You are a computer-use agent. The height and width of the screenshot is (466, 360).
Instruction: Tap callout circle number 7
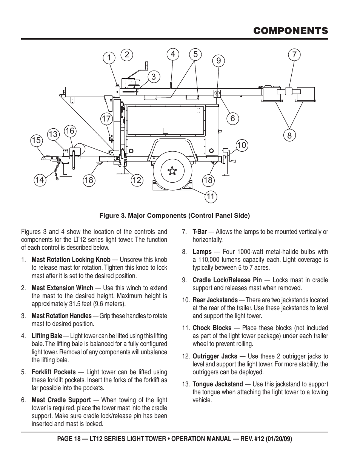click(x=294, y=55)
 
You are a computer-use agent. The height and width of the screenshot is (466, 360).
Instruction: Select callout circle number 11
click(x=211, y=196)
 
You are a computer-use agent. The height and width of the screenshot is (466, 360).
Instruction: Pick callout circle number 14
click(x=39, y=180)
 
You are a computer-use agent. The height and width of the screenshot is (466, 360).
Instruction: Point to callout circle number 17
click(x=107, y=119)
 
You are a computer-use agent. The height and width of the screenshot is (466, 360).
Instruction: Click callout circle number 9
click(x=218, y=60)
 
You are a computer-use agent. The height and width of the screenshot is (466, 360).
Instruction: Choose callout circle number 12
click(x=137, y=180)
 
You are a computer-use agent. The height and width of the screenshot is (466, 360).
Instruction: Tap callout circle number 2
click(x=127, y=55)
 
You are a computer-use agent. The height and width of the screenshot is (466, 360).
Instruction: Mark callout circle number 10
click(x=242, y=145)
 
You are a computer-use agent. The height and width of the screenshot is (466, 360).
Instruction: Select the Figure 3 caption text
click(x=174, y=216)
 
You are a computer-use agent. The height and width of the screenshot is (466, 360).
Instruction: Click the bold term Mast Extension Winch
click(x=62, y=288)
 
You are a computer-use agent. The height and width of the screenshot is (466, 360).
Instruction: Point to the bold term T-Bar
click(x=200, y=232)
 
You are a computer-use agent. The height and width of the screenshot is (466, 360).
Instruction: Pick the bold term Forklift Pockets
click(x=54, y=372)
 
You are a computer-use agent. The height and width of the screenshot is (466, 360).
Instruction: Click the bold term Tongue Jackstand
click(x=217, y=384)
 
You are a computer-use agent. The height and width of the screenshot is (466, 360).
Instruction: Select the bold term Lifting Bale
click(x=47, y=336)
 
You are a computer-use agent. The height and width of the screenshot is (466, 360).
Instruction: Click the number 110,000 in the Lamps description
click(x=206, y=260)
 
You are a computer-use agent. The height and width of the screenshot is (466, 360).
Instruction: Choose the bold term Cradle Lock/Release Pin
click(x=227, y=280)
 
